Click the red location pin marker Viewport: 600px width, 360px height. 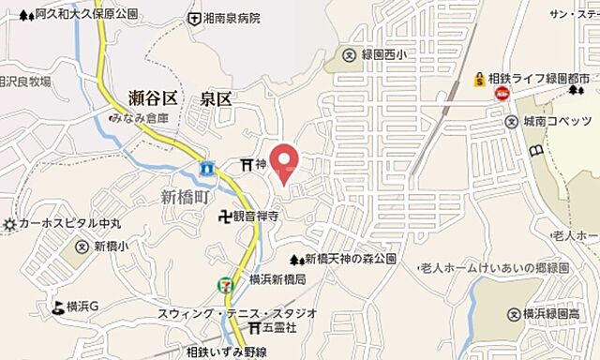[x=284, y=160]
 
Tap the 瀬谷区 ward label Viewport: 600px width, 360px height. [x=152, y=97]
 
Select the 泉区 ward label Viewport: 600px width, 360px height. [x=216, y=97]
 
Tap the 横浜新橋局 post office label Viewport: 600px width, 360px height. [x=278, y=280]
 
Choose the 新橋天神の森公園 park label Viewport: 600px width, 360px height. [x=354, y=258]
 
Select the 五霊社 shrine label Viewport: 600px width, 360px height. [x=278, y=328]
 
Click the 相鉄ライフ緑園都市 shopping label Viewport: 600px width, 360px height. [x=543, y=78]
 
